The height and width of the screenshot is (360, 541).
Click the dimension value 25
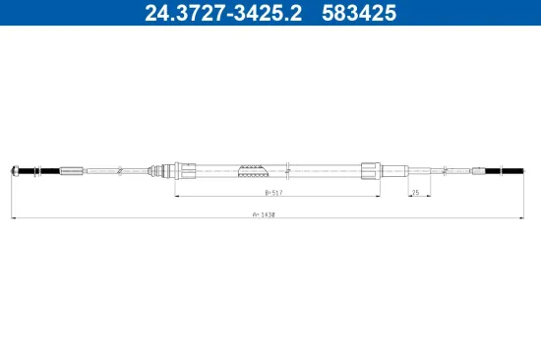click(416, 192)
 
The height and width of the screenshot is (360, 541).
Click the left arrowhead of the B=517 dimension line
click(177, 197)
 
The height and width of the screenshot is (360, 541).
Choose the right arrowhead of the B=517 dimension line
click(379, 197)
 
